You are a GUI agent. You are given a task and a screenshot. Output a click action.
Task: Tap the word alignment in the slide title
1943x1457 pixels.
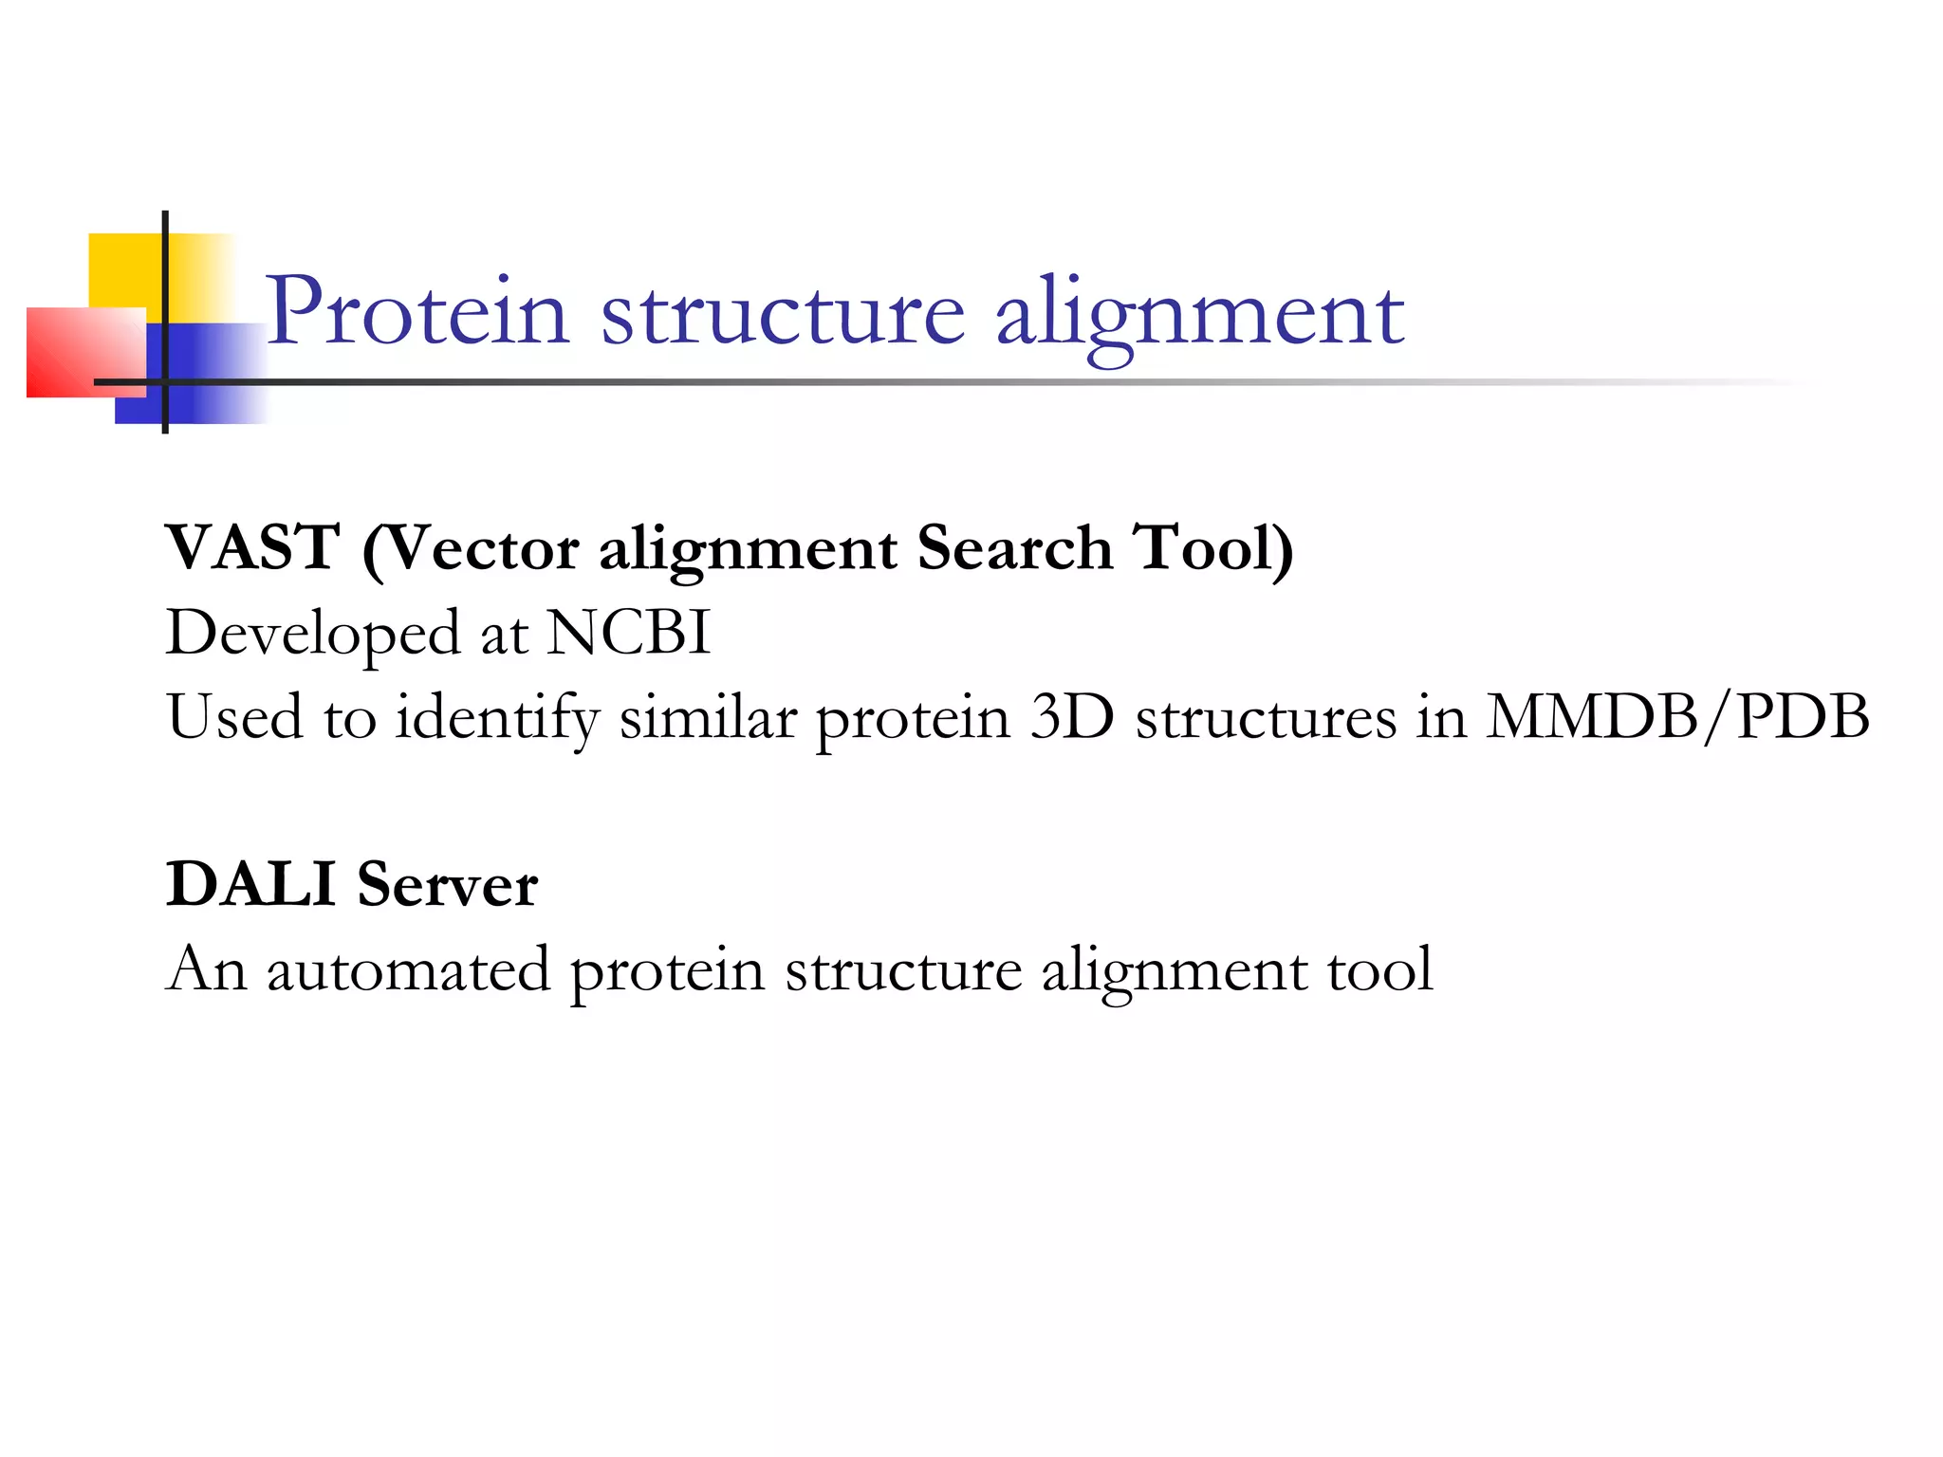pos(1199,315)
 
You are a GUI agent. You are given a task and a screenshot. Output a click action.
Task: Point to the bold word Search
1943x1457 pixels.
pos(1014,547)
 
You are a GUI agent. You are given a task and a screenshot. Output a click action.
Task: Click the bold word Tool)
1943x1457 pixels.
pos(1215,547)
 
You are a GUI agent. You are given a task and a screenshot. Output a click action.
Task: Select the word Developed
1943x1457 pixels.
pos(312,634)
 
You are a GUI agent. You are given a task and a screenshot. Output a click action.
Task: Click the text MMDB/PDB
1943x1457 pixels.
pos(1677,716)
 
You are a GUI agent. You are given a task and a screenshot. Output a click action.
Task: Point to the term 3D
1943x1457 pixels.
pos(1072,716)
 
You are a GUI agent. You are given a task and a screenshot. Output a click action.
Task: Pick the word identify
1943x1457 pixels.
pos(497,718)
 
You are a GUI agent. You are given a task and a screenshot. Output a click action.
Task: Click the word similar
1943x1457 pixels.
pos(708,716)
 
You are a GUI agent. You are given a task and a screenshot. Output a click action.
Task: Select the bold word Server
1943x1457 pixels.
pos(447,884)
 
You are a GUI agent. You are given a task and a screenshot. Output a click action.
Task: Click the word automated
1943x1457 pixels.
pos(408,968)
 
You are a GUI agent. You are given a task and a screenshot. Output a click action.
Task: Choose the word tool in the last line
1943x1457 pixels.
pos(1379,968)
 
